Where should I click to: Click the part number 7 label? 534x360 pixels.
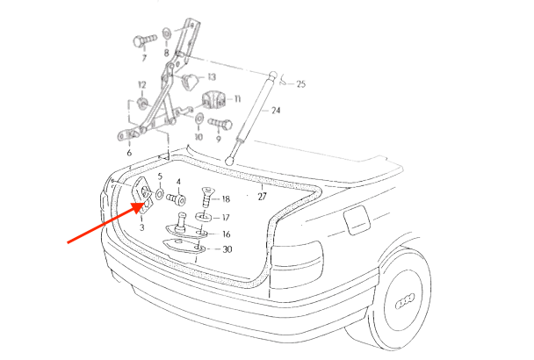[x=144, y=58]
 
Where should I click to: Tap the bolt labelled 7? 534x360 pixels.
[x=144, y=40]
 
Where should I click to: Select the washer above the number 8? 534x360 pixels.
[x=167, y=33]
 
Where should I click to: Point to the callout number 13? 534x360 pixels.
[x=212, y=77]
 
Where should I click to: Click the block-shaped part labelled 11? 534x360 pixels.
[x=214, y=99]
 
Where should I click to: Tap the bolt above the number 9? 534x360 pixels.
[x=220, y=124]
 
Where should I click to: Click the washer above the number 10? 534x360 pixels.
[x=198, y=119]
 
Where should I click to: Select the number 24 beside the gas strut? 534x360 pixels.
[x=276, y=111]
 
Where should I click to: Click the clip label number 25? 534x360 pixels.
[x=301, y=83]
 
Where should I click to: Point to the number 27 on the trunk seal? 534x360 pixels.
[x=262, y=197]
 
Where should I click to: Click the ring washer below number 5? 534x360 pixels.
[x=160, y=194]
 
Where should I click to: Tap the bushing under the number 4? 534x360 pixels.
[x=176, y=199]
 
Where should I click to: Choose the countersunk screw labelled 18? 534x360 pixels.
[x=206, y=198]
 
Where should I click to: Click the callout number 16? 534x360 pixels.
[x=226, y=234]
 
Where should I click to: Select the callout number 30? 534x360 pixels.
[x=227, y=249]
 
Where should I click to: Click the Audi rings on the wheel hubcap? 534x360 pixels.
[x=405, y=301]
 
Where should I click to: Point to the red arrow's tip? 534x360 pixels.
[x=146, y=203]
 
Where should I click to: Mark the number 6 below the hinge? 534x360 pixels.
[x=129, y=153]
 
